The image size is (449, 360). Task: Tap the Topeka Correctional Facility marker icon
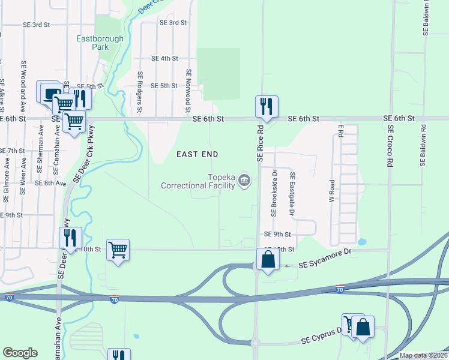244,180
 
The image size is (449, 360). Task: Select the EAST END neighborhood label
197,154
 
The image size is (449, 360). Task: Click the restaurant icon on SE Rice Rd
265,107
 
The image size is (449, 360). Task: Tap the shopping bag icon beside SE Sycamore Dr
268,260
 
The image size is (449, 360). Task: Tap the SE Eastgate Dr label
292,193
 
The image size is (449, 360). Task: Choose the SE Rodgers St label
139,92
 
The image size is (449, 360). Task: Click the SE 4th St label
165,58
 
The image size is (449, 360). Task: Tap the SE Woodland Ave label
23,80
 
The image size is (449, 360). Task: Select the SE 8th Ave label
51,183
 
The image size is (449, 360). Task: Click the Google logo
20,353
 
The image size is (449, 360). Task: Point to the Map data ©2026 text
423,355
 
